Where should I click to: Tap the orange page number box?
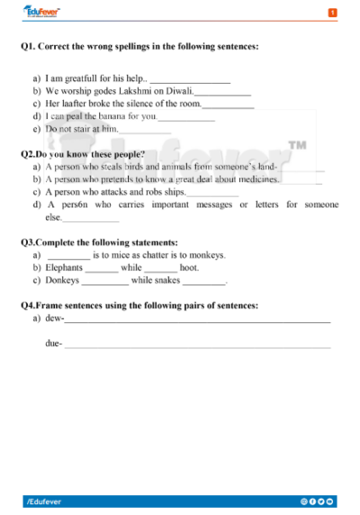tap(332, 13)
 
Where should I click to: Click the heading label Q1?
tap(28, 46)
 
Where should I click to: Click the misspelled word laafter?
tap(75, 104)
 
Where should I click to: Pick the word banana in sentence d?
tap(107, 116)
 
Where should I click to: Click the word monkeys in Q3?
tap(206, 255)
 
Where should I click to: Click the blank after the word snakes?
tap(203, 282)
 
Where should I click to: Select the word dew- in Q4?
tap(54, 318)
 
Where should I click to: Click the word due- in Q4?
tap(53, 343)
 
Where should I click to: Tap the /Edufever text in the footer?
tap(45, 500)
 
